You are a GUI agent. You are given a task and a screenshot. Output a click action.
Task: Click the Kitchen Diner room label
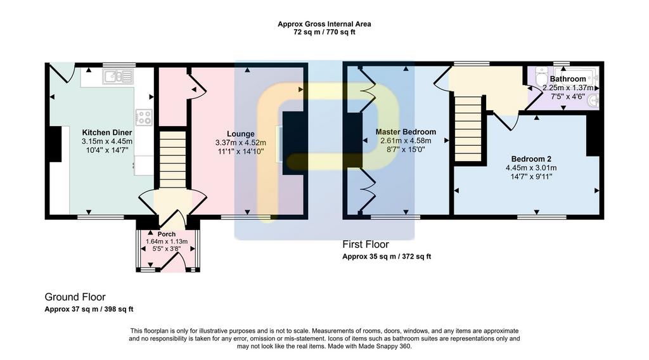(x=106, y=132)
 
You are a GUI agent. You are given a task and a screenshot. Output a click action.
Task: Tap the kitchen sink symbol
(x=119, y=77)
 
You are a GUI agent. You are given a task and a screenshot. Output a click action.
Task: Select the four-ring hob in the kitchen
(x=144, y=117)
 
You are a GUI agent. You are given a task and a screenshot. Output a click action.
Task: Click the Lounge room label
(x=240, y=134)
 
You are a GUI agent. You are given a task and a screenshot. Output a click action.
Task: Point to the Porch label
(x=167, y=235)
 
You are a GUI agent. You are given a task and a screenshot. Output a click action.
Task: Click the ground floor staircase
(x=172, y=160)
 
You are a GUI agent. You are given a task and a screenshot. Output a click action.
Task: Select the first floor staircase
(x=468, y=128)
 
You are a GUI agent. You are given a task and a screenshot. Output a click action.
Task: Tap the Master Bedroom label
(x=406, y=132)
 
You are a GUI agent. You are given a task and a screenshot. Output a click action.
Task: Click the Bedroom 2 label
(x=531, y=159)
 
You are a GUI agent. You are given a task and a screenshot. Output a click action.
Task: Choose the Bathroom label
(x=568, y=79)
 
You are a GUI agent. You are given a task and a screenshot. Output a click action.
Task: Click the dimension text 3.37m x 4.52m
(x=240, y=143)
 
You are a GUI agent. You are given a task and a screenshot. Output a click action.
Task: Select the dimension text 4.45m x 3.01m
(x=531, y=168)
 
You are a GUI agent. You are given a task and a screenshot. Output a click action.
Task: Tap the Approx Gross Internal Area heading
(x=324, y=24)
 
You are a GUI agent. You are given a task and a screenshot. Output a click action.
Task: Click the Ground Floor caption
(x=75, y=297)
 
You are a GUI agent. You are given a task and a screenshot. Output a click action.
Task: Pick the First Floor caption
(x=366, y=244)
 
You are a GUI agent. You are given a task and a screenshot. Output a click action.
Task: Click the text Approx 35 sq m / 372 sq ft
(x=387, y=257)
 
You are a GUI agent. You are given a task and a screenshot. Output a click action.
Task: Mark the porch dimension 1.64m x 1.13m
(x=167, y=241)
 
